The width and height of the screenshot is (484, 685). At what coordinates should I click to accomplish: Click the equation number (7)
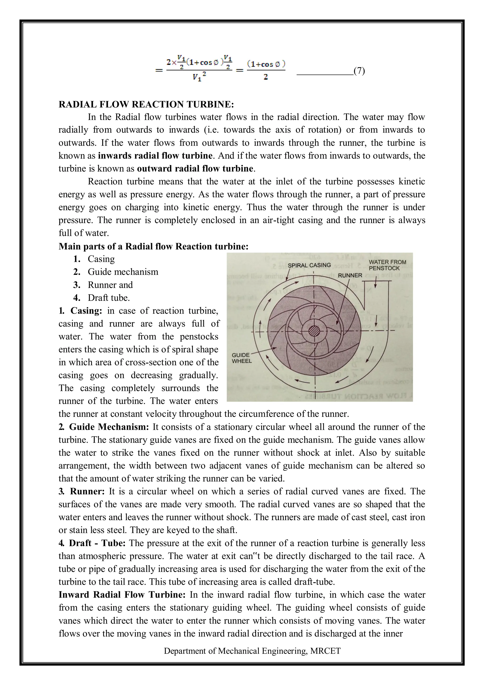pyautogui.click(x=359, y=71)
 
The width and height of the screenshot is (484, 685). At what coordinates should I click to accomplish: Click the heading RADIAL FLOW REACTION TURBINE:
pyautogui.click(x=146, y=104)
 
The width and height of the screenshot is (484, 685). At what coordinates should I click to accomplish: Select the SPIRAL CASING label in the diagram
pyautogui.click(x=309, y=265)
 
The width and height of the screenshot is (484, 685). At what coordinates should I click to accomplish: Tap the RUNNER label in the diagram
pyautogui.click(x=350, y=275)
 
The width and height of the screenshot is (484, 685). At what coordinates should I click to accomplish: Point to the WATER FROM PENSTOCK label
pyautogui.click(x=387, y=265)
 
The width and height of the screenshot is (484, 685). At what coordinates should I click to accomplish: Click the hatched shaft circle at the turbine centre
pyautogui.click(x=314, y=331)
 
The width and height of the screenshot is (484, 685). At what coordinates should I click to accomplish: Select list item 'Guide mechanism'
pyautogui.click(x=123, y=272)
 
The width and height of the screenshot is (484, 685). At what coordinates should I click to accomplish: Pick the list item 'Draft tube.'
pyautogui.click(x=109, y=298)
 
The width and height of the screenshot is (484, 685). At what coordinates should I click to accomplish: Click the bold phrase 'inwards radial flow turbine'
pyautogui.click(x=155, y=156)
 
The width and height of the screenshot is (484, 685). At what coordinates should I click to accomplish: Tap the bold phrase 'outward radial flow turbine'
pyautogui.click(x=195, y=169)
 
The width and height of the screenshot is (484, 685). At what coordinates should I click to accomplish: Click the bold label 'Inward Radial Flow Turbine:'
pyautogui.click(x=122, y=595)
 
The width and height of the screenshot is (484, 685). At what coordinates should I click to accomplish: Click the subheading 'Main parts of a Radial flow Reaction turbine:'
pyautogui.click(x=153, y=246)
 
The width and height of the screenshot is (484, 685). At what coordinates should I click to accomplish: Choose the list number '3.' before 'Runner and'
pyautogui.click(x=77, y=285)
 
